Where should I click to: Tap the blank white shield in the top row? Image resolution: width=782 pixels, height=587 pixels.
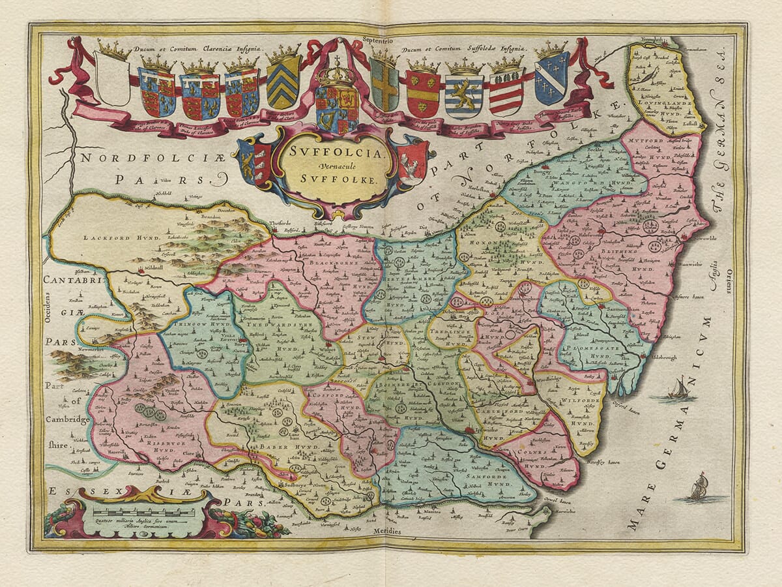(x=112, y=78)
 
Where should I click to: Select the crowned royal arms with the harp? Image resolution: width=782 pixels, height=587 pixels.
(x=336, y=104)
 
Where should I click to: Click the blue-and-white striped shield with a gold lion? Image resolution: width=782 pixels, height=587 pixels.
(x=464, y=95)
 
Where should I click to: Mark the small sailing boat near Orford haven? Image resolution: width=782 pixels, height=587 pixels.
(x=678, y=389)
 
